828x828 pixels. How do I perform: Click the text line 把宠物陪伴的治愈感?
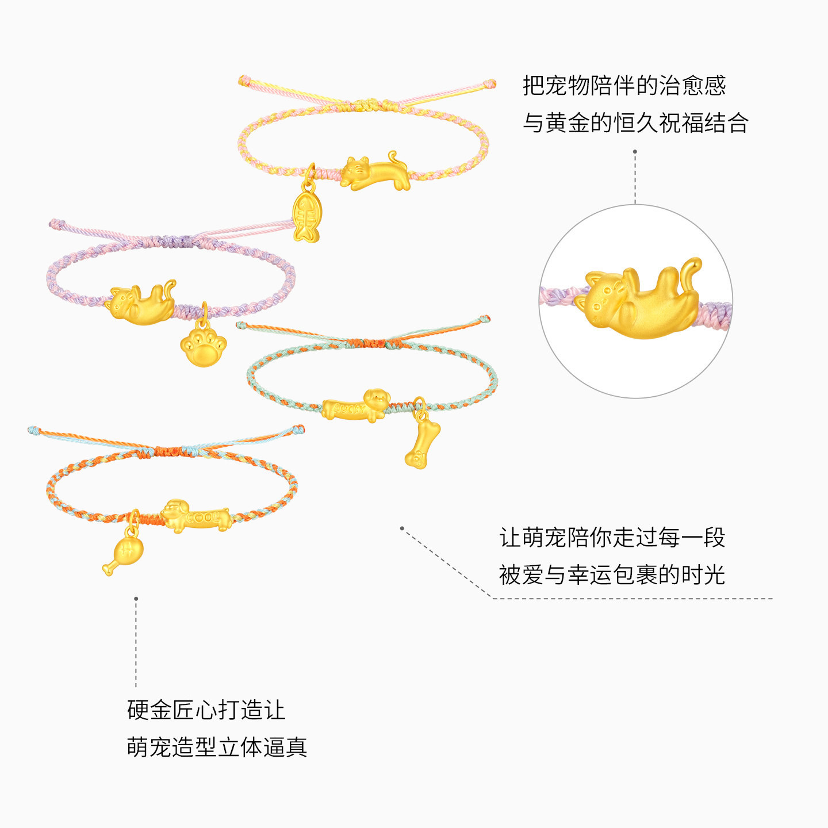pyautogui.click(x=624, y=86)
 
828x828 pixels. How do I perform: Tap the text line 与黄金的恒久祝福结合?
pyautogui.click(x=635, y=123)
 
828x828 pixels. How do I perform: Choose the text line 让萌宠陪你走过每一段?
pyautogui.click(x=612, y=538)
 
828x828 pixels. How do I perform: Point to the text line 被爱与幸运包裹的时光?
pyautogui.click(x=612, y=575)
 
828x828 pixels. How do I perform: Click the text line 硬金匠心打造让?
pyautogui.click(x=206, y=710)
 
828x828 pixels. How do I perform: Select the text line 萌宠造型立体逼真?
pyautogui.click(x=217, y=747)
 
